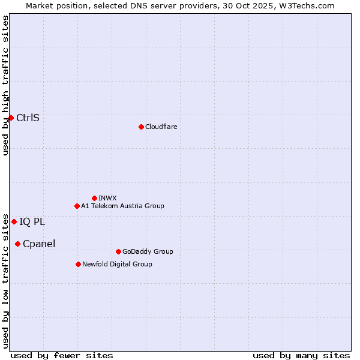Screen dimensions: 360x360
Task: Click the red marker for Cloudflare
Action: pyautogui.click(x=141, y=127)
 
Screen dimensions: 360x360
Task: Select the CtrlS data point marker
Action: pyautogui.click(x=11, y=118)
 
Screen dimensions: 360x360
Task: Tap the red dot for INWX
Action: pyautogui.click(x=94, y=198)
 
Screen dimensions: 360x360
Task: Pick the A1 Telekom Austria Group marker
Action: pyautogui.click(x=77, y=206)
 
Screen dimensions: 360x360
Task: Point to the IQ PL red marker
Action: pyautogui.click(x=14, y=221)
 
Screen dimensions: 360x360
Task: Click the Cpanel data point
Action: pyautogui.click(x=17, y=244)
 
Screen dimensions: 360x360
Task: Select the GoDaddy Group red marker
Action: pyautogui.click(x=118, y=251)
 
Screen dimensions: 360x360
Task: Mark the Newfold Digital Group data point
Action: pyautogui.click(x=78, y=264)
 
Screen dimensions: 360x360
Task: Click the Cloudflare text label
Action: pyautogui.click(x=161, y=127)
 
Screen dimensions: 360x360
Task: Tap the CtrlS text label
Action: pyautogui.click(x=28, y=118)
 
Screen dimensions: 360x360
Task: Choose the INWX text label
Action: pyautogui.click(x=107, y=198)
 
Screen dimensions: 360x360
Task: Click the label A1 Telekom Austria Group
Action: pyautogui.click(x=122, y=206)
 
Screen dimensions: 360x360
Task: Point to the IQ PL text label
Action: pyautogui.click(x=32, y=221)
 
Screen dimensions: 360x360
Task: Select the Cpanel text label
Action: pyautogui.click(x=39, y=244)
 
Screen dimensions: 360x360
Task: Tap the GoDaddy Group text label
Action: pyautogui.click(x=148, y=251)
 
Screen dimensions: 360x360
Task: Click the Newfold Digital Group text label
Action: pyautogui.click(x=117, y=264)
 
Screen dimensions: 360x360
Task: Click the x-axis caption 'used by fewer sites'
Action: pyautogui.click(x=62, y=355)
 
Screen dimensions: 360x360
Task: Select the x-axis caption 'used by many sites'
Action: pyautogui.click(x=301, y=355)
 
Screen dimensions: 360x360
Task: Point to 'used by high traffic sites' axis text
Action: pyautogui.click(x=5, y=85)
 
